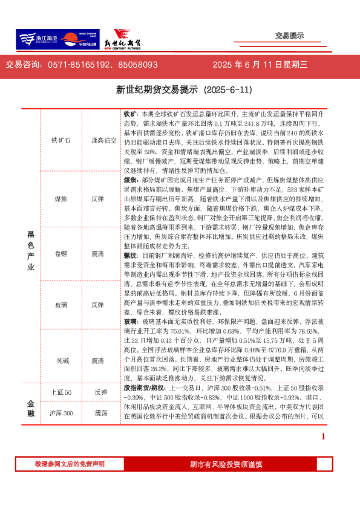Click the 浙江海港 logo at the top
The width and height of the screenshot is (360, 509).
pos(36,39)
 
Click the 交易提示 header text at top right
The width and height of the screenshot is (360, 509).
pos(289,36)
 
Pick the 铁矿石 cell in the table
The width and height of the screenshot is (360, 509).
pos(61,140)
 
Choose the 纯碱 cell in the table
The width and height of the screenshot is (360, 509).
pos(61,360)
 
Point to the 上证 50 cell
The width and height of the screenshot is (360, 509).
pos(61,393)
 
